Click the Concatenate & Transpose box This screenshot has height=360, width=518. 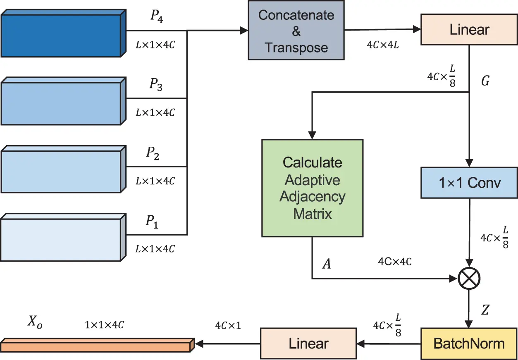point(296,31)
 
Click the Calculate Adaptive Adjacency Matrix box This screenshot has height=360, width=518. point(312,188)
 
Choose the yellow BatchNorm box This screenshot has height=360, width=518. point(469,343)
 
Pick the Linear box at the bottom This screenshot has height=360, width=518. point(308,343)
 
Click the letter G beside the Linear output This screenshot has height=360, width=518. point(485,81)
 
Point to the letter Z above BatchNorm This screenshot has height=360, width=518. point(485,310)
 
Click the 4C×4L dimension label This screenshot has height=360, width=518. point(383,45)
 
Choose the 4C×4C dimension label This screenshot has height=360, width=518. point(394,262)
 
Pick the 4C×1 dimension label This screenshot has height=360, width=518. point(228,326)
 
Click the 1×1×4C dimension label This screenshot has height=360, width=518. point(104,325)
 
